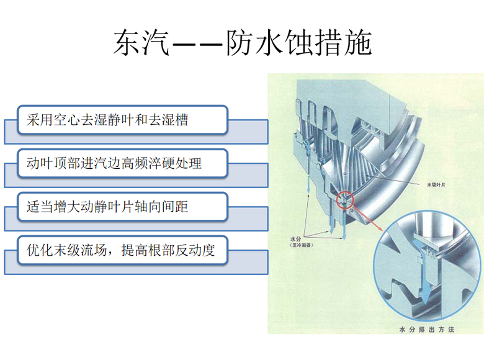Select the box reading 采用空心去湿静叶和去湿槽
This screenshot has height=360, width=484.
(x=122, y=120)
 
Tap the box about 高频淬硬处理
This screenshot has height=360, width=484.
(x=122, y=163)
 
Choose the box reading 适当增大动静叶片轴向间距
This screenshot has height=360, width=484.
(x=122, y=207)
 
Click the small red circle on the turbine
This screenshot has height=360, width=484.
(x=344, y=201)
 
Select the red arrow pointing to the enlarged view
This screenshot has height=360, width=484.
(x=368, y=218)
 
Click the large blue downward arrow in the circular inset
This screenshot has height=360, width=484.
(x=426, y=292)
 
